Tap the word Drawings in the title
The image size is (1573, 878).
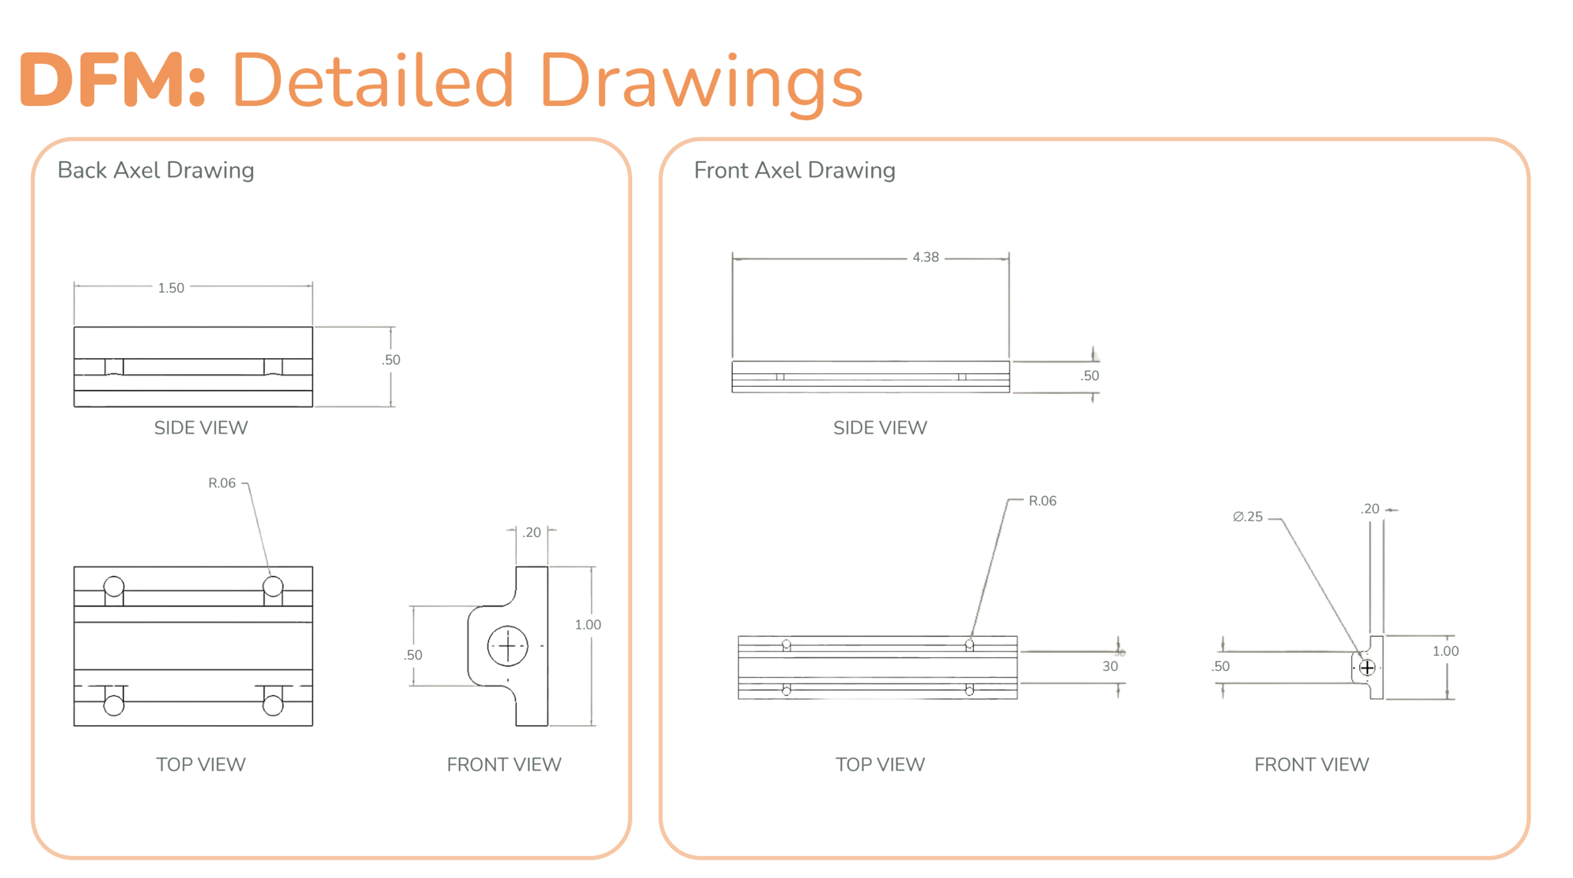pos(701,82)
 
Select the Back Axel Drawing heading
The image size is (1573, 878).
pos(156,170)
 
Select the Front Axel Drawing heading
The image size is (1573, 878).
pos(794,170)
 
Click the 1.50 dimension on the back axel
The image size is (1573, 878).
pos(171,288)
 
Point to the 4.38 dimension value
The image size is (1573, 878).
pos(926,257)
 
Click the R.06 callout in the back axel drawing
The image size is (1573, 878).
pos(222,483)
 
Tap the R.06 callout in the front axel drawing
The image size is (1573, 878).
pos(1042,501)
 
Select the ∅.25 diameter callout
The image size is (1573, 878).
pos(1248,517)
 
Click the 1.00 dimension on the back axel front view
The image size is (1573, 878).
pos(588,625)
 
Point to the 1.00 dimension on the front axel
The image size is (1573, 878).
pos(1446,651)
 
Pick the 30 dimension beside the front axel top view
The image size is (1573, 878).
pos(1110,666)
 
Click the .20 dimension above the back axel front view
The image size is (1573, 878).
pos(532,532)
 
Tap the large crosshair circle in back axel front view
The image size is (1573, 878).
pos(507,646)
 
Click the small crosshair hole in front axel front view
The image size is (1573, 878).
pos(1367,668)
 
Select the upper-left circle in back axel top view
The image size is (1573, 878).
pos(114,586)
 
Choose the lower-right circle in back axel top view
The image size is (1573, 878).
pos(273,705)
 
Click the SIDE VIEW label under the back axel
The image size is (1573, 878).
pos(201,428)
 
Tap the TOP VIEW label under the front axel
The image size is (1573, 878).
pos(880,765)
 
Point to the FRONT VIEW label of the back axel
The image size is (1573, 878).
pos(504,765)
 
